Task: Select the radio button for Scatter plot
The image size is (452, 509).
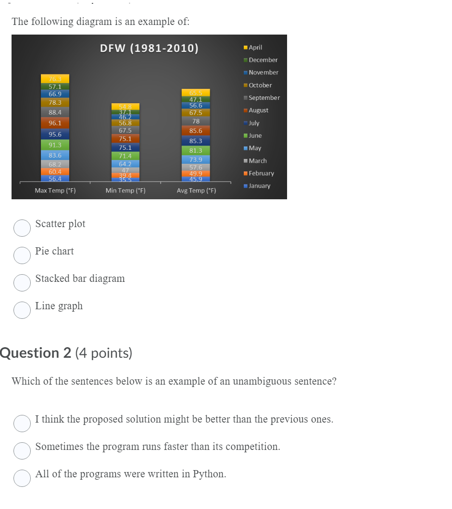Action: (22, 228)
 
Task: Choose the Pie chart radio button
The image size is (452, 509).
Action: (22, 255)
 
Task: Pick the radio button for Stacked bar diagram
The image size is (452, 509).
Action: (22, 283)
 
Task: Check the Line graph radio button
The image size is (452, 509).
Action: (22, 310)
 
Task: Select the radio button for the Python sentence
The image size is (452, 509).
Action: (22, 478)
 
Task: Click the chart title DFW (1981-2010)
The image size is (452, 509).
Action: (149, 48)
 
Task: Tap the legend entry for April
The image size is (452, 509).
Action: (255, 48)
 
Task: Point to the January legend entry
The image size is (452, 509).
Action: (259, 186)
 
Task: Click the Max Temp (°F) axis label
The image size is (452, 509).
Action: (55, 191)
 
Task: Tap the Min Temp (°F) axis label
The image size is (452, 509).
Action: (126, 191)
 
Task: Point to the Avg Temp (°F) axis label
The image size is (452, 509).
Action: (196, 191)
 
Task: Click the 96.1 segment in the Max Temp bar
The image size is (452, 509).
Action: (55, 123)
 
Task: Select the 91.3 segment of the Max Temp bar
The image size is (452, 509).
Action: (55, 145)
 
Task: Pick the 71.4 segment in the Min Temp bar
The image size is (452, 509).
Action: (126, 156)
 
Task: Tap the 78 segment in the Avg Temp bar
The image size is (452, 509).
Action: (196, 121)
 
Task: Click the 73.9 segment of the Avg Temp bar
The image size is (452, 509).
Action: (196, 159)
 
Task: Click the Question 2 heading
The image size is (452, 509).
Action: (66, 353)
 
